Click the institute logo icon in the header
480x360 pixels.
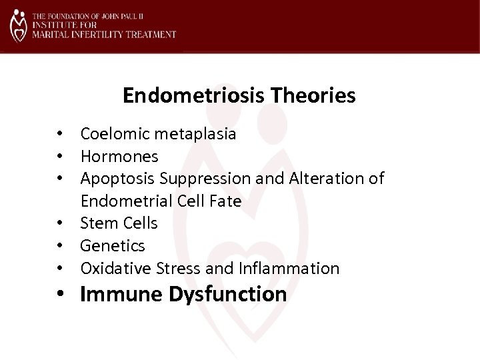pos(19,25)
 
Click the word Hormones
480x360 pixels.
pos(119,156)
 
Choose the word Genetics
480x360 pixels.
pos(113,246)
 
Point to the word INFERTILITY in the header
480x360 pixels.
pos(93,34)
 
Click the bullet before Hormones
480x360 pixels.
pos(60,157)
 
